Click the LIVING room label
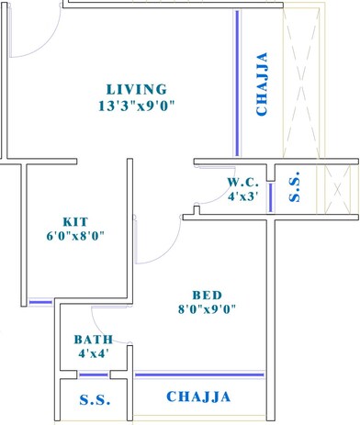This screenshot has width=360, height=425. [136, 90]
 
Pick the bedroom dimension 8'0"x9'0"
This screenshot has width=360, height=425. [208, 309]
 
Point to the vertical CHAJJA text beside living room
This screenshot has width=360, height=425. [263, 85]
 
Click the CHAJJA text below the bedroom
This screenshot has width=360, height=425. [197, 397]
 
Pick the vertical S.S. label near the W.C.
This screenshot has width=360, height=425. [294, 187]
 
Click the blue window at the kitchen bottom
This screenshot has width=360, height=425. [39, 301]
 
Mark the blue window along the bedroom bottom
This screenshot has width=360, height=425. [199, 375]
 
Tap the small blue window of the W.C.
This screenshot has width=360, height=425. [271, 199]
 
